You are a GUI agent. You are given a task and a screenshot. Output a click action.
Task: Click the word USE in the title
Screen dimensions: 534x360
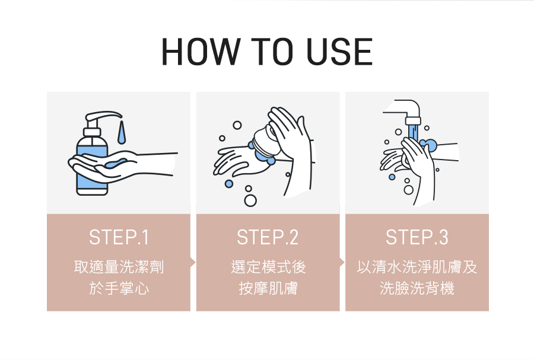click(x=339, y=52)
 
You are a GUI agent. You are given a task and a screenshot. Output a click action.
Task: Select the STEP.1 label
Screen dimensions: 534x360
click(x=119, y=237)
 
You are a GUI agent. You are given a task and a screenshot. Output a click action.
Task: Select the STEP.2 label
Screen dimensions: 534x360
click(x=268, y=237)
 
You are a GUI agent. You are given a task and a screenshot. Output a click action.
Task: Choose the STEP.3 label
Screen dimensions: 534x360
click(x=417, y=237)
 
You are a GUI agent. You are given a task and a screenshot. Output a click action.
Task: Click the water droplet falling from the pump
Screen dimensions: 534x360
click(x=121, y=133)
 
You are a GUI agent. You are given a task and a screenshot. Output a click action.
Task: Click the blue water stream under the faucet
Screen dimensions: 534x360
click(x=412, y=133)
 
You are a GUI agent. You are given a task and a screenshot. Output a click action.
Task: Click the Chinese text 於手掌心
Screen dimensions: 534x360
click(x=119, y=288)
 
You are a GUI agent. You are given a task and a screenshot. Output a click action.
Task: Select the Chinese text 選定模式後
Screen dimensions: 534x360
click(x=268, y=266)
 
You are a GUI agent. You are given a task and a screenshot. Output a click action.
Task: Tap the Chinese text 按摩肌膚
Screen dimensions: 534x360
click(x=268, y=288)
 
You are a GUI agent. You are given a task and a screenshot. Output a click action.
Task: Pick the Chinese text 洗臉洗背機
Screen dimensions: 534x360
click(x=417, y=288)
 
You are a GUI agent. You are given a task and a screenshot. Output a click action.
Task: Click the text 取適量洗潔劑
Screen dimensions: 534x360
click(x=119, y=266)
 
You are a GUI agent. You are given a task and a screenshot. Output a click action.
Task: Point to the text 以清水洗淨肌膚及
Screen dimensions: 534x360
click(x=417, y=266)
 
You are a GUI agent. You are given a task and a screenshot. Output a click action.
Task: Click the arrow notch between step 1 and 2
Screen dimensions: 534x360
click(x=193, y=262)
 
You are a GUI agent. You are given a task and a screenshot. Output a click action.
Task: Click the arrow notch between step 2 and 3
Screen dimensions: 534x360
click(x=342, y=262)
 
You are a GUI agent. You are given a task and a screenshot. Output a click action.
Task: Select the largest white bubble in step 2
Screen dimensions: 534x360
click(x=250, y=200)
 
